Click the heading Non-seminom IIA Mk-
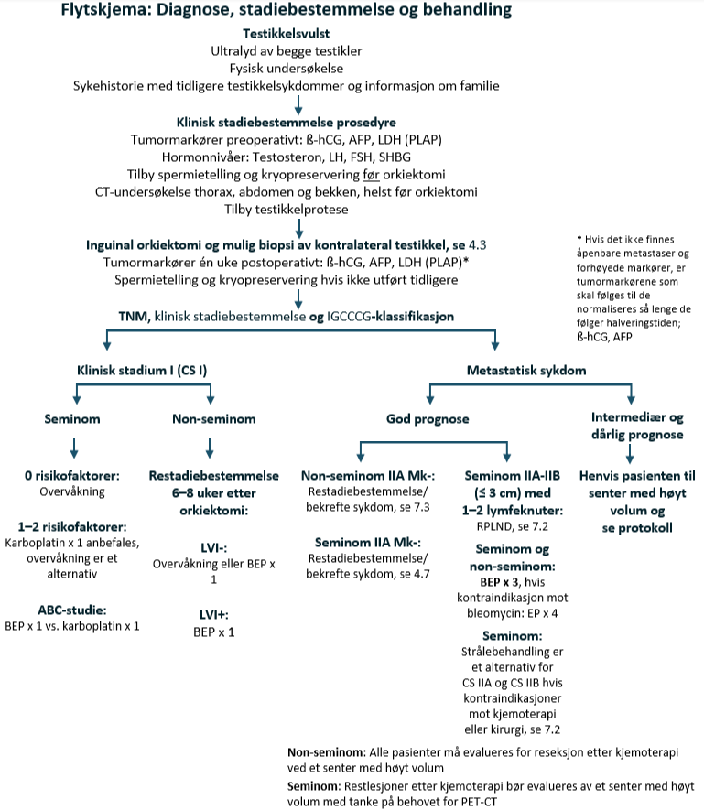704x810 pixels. (369, 476)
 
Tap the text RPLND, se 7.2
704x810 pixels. (507, 527)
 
